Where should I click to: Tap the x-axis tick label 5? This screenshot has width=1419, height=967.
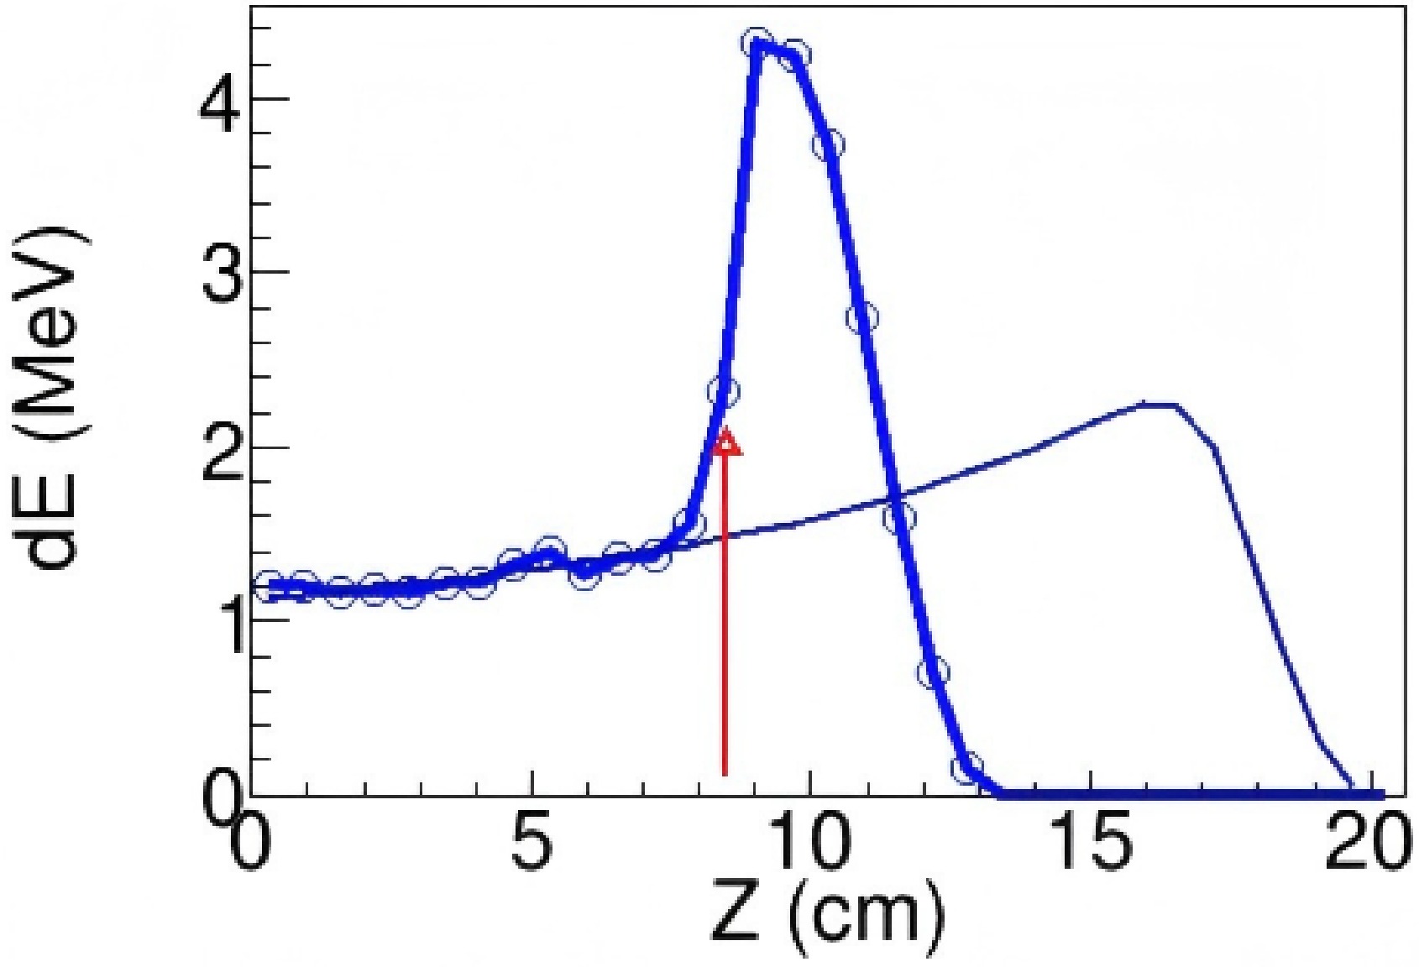[x=531, y=849]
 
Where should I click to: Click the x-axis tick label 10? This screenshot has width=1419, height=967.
[x=810, y=849]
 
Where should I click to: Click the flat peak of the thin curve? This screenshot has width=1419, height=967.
[x=1159, y=405]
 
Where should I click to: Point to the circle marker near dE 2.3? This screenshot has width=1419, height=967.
[x=723, y=391]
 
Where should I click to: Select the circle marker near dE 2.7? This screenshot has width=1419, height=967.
[x=862, y=317]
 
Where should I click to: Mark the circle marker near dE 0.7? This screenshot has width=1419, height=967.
[x=933, y=672]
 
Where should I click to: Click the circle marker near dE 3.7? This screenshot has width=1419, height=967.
[x=828, y=144]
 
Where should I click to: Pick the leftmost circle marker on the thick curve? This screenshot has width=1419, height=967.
[x=269, y=586]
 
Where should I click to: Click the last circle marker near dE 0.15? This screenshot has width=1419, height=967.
[x=967, y=767]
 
